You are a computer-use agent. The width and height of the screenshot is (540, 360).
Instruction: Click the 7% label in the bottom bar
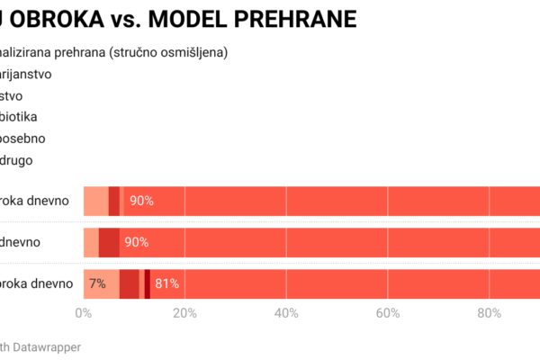[x=97, y=283]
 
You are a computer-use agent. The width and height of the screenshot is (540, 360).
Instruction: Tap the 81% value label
[x=166, y=283]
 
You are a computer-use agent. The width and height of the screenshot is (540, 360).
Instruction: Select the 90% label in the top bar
[x=141, y=201]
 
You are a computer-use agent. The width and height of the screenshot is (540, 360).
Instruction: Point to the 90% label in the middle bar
[x=136, y=242]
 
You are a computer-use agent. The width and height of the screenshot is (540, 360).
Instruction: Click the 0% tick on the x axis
[x=83, y=313]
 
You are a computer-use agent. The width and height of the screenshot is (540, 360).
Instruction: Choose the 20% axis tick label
[x=184, y=313]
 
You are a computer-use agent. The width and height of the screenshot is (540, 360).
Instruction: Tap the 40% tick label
[x=286, y=313]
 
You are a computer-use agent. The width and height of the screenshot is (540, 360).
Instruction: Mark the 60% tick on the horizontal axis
[x=388, y=313]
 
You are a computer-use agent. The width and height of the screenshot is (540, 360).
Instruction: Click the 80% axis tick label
[x=489, y=313]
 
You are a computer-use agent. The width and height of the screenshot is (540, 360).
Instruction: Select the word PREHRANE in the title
[x=292, y=19]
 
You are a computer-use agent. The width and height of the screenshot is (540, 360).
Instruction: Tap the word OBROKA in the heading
[x=53, y=19]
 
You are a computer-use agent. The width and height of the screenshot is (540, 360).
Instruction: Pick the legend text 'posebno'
[x=22, y=139]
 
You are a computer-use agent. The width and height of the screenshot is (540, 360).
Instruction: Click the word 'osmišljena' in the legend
[x=193, y=52]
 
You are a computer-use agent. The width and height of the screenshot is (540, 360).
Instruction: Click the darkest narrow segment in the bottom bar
[x=147, y=283]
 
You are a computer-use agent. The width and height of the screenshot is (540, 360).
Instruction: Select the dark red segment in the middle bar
[x=109, y=242]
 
